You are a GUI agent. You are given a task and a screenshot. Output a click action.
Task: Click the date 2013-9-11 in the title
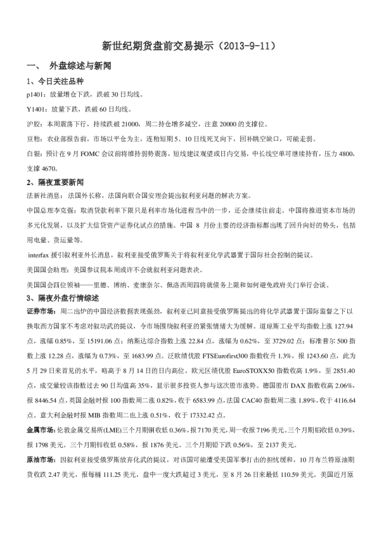tap(246, 46)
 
